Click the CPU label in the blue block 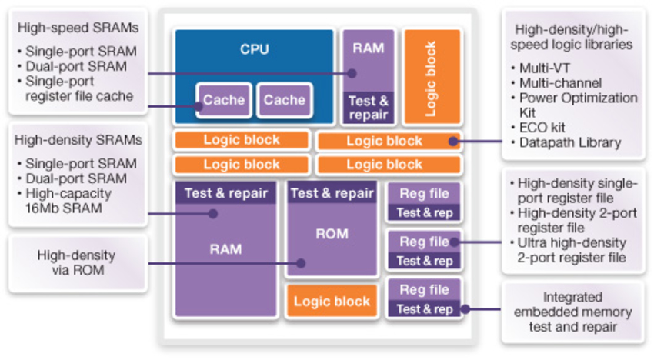point(254,49)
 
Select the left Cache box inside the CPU point(223,100)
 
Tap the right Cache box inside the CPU point(285,100)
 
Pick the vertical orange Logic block point(432,77)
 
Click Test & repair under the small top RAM point(369,108)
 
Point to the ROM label point(332,234)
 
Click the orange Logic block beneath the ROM point(332,302)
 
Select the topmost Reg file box point(424,193)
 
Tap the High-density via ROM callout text point(76,262)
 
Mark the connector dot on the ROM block point(302,263)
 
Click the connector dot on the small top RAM point(352,74)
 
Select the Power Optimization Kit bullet point(578,105)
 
